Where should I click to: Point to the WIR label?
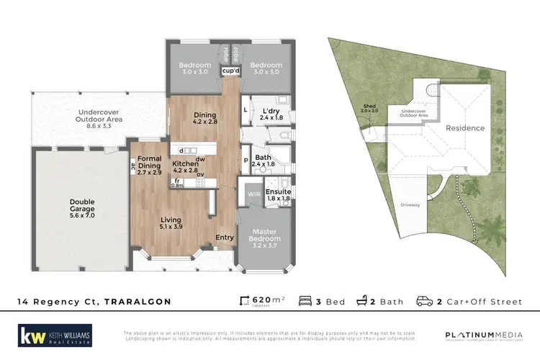point(253,194)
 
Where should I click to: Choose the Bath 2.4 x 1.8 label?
point(264,160)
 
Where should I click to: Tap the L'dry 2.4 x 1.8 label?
point(271,113)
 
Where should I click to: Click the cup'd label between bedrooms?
point(230,71)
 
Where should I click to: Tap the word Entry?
point(224,237)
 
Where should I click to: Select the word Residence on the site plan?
point(465,128)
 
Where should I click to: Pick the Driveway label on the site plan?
point(410,205)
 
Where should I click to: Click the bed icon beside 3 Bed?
point(304,302)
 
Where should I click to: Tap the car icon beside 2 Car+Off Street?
point(425,302)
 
